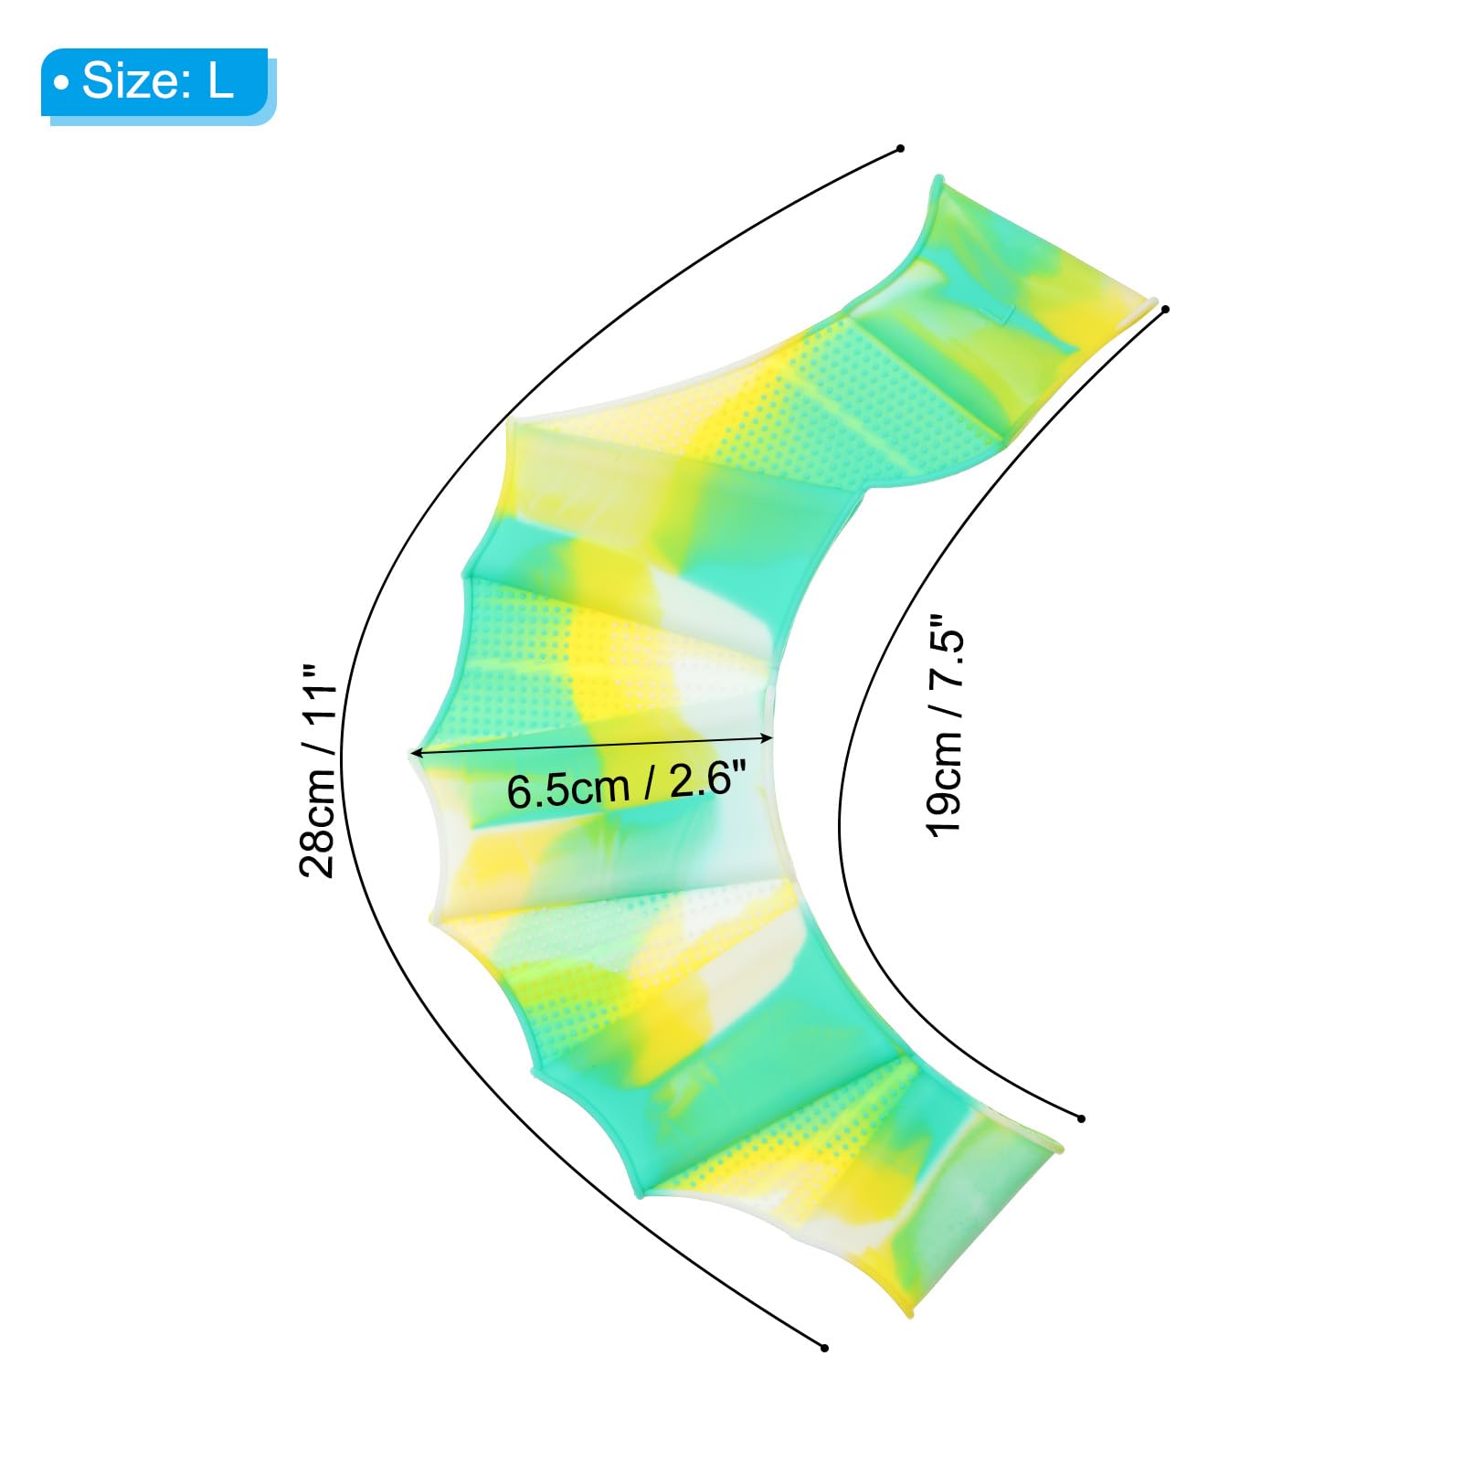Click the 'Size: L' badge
pyautogui.click(x=157, y=84)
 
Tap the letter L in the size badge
pyautogui.click(x=221, y=80)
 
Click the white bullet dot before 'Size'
pyautogui.click(x=61, y=83)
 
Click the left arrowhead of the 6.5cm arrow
pyautogui.click(x=417, y=753)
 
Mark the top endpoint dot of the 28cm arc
pyautogui.click(x=900, y=148)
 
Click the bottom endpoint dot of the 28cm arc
pyautogui.click(x=824, y=1348)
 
